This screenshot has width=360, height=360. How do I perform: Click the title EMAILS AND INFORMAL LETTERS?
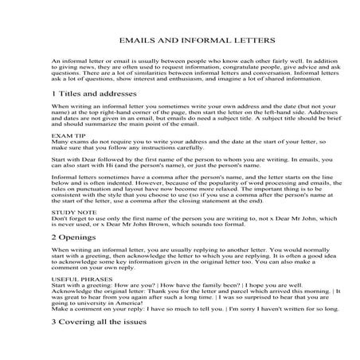tap(180, 39)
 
